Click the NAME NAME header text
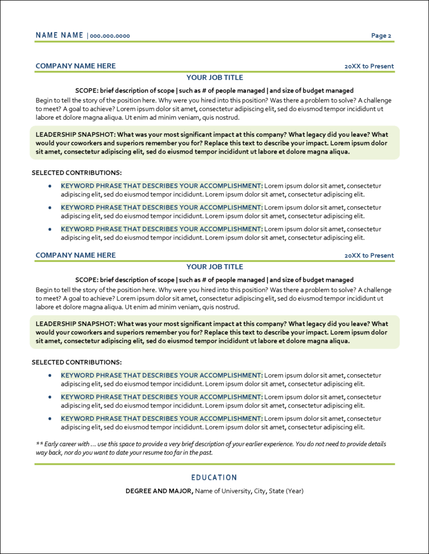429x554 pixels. (60, 36)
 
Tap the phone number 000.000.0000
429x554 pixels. (110, 36)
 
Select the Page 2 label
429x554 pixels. (381, 36)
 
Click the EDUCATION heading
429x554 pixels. (214, 478)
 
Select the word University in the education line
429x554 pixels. (236, 491)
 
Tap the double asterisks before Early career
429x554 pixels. (38, 444)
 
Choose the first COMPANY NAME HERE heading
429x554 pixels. (75, 66)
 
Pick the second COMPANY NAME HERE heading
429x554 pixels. (75, 255)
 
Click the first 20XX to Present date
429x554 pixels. (369, 67)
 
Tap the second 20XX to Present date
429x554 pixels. (369, 256)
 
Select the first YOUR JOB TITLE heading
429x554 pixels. (214, 78)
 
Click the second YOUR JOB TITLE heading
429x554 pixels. (214, 267)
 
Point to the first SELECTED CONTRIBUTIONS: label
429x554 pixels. (76, 173)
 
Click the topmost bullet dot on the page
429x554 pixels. (50, 186)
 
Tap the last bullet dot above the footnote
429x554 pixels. (50, 419)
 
